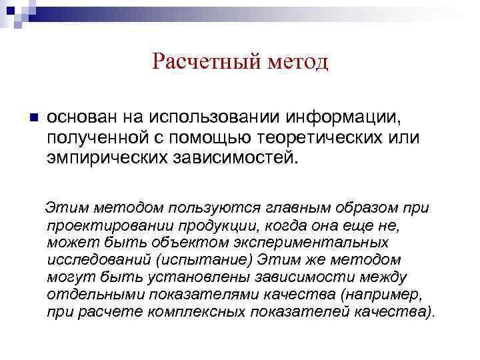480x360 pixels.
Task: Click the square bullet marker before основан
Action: (35, 117)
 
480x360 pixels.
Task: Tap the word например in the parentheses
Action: (377, 294)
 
